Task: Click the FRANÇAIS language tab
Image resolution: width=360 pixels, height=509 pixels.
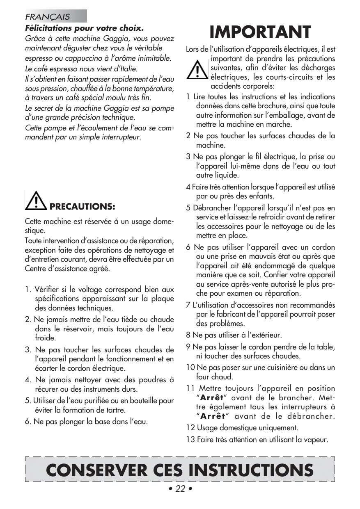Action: [48, 17]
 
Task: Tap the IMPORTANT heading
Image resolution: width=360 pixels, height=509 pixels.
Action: [260, 32]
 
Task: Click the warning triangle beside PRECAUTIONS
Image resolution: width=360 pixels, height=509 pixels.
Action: [37, 200]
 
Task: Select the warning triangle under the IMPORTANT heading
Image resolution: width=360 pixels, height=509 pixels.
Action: [198, 69]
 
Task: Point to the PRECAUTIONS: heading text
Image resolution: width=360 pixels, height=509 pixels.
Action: [82, 205]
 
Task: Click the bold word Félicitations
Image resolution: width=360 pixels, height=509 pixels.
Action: [49, 29]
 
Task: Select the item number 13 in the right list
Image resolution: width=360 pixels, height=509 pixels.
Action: [190, 440]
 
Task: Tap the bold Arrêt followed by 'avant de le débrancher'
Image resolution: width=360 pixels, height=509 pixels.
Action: [212, 416]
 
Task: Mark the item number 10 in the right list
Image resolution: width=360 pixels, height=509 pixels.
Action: [190, 367]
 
